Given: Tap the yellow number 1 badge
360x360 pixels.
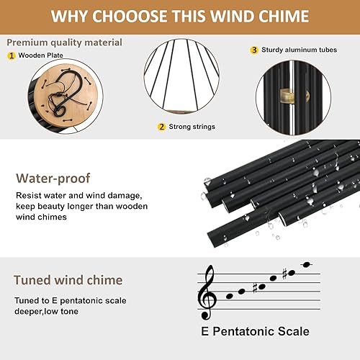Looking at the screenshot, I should (12, 55).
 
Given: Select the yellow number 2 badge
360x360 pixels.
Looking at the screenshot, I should (162, 127).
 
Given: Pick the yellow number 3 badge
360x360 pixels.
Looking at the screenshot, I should (254, 50).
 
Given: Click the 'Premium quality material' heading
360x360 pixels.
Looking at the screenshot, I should (64, 42).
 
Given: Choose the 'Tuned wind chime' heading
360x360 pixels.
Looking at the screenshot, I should (68, 280).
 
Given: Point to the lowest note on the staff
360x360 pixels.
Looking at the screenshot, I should (230, 295).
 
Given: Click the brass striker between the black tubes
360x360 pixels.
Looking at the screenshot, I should (292, 94).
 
